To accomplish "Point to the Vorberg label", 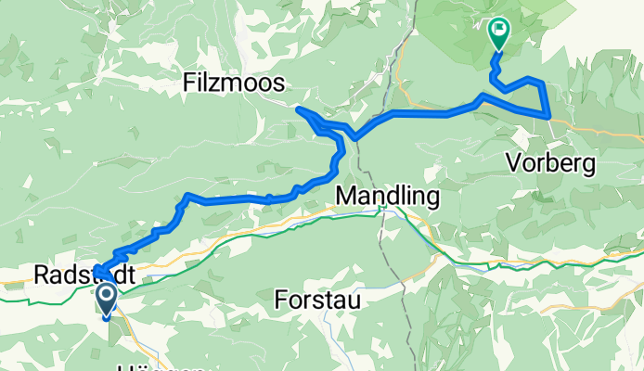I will [551, 163].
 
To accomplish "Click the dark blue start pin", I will [106, 300].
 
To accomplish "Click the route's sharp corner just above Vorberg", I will [549, 117].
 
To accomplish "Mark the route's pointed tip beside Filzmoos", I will [299, 109].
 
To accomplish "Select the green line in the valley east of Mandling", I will [520, 262].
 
